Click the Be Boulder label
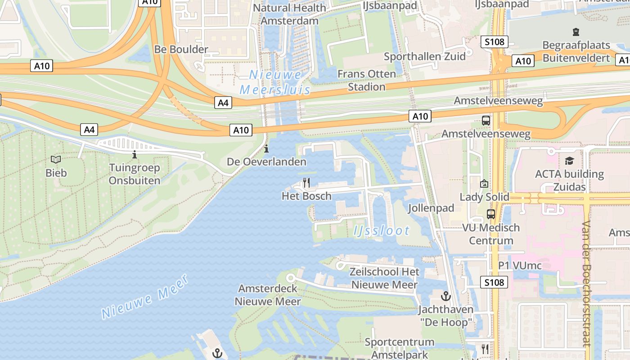pyautogui.click(x=181, y=49)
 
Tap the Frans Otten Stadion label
pyautogui.click(x=367, y=80)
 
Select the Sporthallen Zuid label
pyautogui.click(x=424, y=56)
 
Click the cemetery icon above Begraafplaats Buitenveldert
pyautogui.click(x=576, y=32)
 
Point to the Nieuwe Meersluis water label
pyautogui.click(x=275, y=82)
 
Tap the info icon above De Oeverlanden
pyautogui.click(x=266, y=148)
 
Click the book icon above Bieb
pyautogui.click(x=56, y=160)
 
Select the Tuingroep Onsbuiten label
pyautogui.click(x=135, y=174)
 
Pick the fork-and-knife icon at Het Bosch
pyautogui.click(x=306, y=183)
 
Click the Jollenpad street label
pyautogui.click(x=431, y=208)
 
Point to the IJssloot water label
pyautogui.click(x=382, y=231)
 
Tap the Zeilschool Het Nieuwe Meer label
pyautogui.click(x=385, y=278)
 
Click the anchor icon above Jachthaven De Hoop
pyautogui.click(x=445, y=296)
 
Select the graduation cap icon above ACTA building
pyautogui.click(x=570, y=161)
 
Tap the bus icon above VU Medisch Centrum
pyautogui.click(x=491, y=214)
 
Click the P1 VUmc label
pyautogui.click(x=520, y=265)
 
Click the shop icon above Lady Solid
pyautogui.click(x=484, y=184)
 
